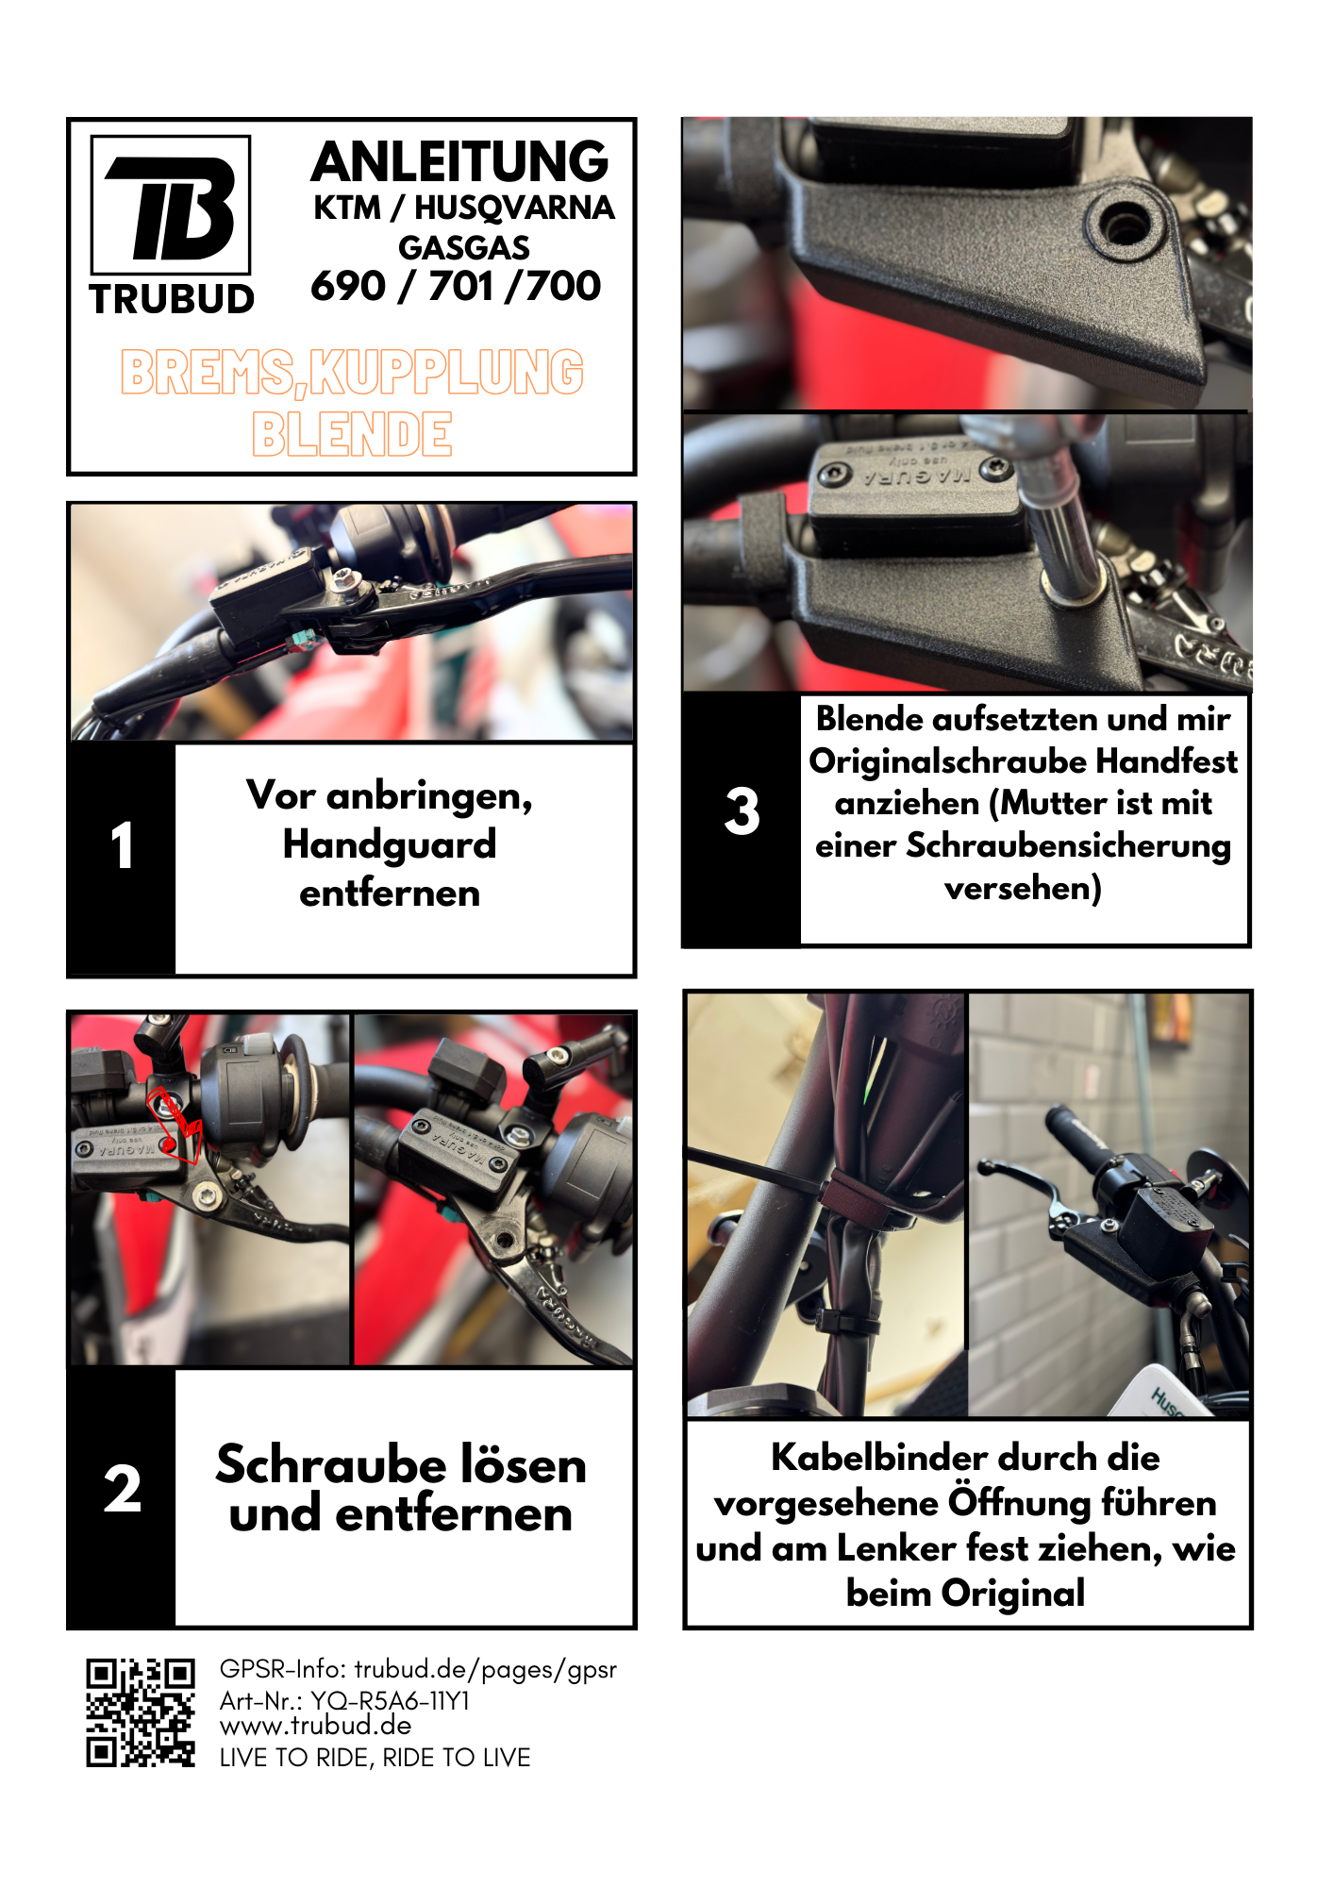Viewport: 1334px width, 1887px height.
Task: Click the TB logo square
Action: coord(171,205)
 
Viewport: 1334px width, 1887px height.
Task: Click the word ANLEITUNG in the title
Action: coord(460,161)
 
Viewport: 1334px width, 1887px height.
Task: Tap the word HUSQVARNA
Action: coord(514,208)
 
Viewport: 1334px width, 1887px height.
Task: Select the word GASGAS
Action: coord(464,248)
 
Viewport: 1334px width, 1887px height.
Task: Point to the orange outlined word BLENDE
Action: coord(352,434)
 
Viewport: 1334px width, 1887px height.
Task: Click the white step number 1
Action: coord(122,844)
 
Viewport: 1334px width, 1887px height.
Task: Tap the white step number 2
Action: coord(123,1489)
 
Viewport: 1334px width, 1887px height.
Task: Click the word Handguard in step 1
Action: coord(390,844)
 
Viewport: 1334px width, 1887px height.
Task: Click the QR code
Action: coord(141,1712)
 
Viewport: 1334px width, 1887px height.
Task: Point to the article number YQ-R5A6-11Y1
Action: coord(391,1700)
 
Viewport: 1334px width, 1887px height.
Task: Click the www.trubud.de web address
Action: coord(316,1726)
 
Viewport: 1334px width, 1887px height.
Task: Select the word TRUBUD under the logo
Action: coord(172,299)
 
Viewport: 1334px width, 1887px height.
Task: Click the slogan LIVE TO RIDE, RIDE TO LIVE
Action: coord(375,1758)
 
